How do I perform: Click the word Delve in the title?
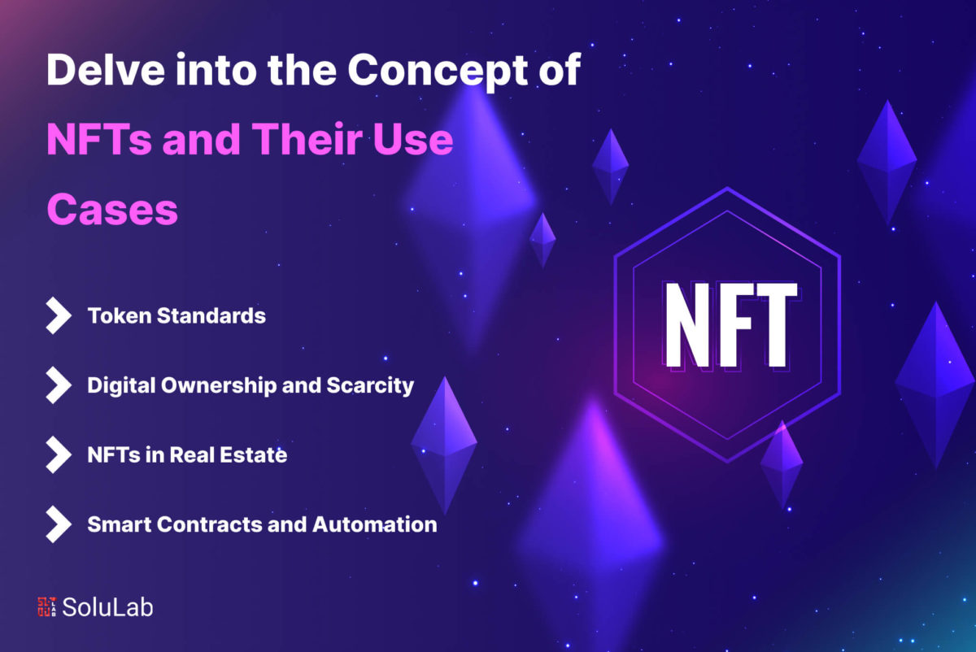coord(106,70)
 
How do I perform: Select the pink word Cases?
coord(112,210)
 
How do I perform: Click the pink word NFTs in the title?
coord(99,139)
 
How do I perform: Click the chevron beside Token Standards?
coord(59,315)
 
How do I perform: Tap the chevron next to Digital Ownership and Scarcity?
coord(59,385)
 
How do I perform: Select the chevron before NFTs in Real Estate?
coord(59,454)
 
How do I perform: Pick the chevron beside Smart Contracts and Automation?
coord(59,524)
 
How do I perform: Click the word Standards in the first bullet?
coord(211,315)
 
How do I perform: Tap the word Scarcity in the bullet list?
coord(370,386)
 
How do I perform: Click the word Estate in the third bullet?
coord(253,455)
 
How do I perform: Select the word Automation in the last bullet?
coord(375,524)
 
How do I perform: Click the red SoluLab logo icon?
coord(47,606)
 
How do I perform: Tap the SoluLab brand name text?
coord(107,607)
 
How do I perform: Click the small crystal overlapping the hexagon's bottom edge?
coord(782,464)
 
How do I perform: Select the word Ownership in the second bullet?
coord(219,385)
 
